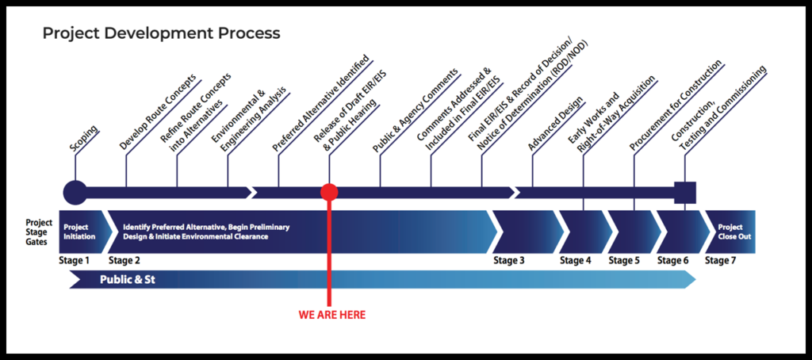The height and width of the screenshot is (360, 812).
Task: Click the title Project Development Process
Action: coord(161,33)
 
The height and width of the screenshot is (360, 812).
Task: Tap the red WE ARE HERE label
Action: coord(332,315)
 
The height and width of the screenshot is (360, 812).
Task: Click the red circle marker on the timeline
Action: coord(329,192)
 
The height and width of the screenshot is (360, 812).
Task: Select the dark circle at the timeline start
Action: coord(75,192)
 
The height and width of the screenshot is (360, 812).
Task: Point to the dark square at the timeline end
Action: coord(685,192)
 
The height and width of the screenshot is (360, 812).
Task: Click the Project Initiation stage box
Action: coord(80,232)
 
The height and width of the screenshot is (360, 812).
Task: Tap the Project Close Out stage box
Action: coord(730,232)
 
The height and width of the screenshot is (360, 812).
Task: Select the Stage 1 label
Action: coord(75,260)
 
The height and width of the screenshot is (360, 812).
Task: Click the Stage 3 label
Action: coord(509,260)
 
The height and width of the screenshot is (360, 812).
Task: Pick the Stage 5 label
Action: coord(624,260)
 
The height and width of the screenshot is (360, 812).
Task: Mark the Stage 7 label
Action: coord(721,260)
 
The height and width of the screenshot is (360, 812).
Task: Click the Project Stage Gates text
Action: coord(39,232)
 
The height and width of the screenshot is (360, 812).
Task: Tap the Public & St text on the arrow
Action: coord(127,280)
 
